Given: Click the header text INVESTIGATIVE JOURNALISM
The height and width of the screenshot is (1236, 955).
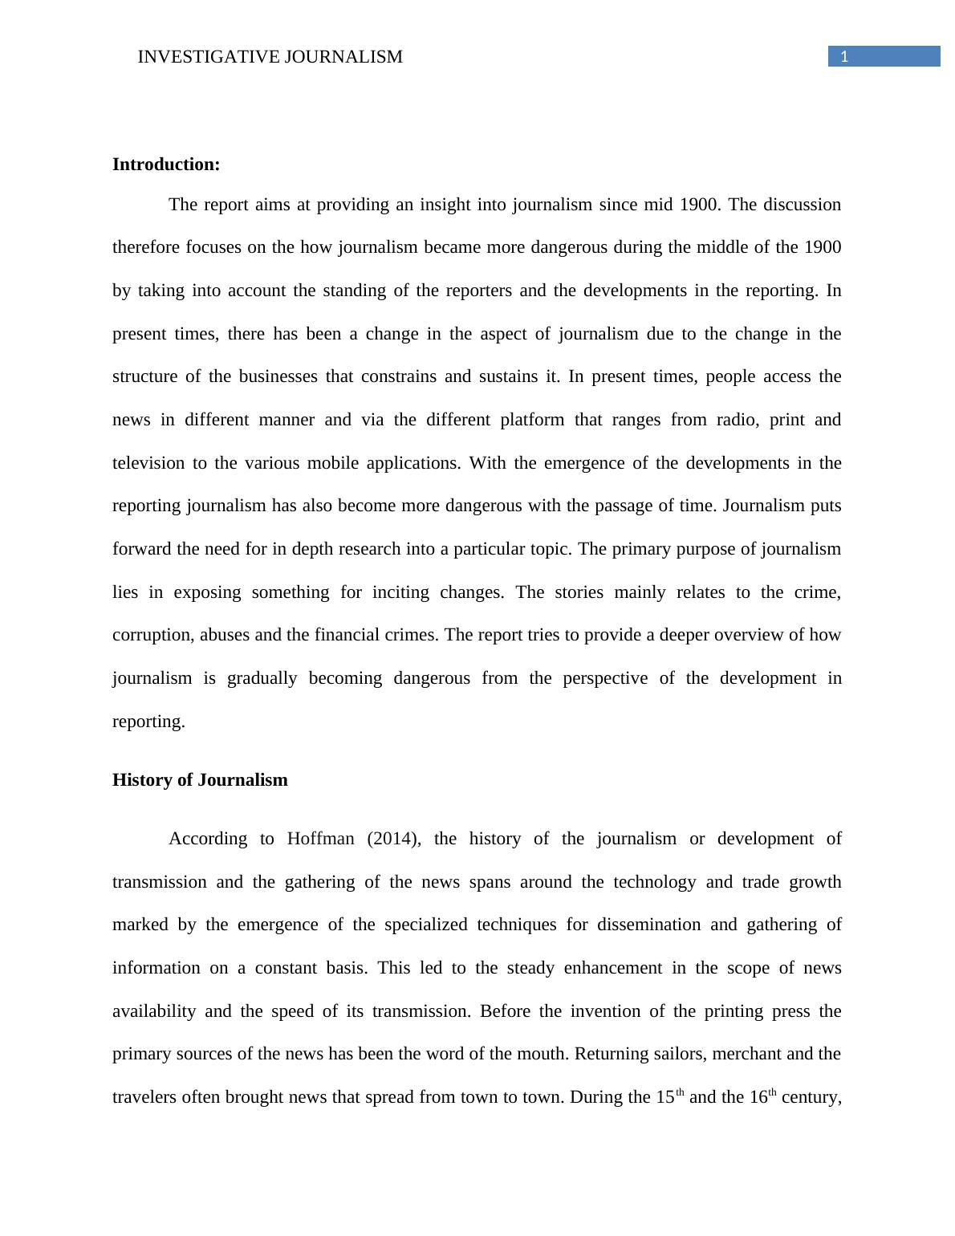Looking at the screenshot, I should (270, 57).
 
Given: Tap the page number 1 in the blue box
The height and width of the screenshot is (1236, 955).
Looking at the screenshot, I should (844, 56).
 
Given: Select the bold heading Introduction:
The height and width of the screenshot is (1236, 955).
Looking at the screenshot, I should (166, 165).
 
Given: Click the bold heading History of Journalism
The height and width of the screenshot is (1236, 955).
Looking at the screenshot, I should (200, 780).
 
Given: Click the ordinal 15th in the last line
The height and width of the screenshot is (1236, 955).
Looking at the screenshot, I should (669, 1096).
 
